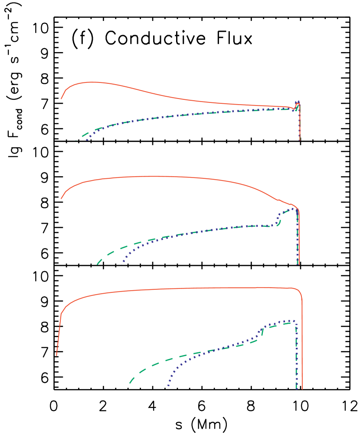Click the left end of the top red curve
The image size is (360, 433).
61,98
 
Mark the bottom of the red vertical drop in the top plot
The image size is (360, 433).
299,140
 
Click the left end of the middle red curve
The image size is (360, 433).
61,198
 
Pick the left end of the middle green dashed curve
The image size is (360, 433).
98,264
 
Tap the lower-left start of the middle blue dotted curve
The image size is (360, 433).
122,263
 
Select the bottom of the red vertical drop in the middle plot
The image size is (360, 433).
299,264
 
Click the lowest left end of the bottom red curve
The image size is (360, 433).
56,355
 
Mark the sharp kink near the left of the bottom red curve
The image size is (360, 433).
61,314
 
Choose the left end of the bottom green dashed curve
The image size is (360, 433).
130,383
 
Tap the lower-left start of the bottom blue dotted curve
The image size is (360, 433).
168,385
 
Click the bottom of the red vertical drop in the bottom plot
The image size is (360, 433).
302,389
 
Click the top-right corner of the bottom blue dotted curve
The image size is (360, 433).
295,321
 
